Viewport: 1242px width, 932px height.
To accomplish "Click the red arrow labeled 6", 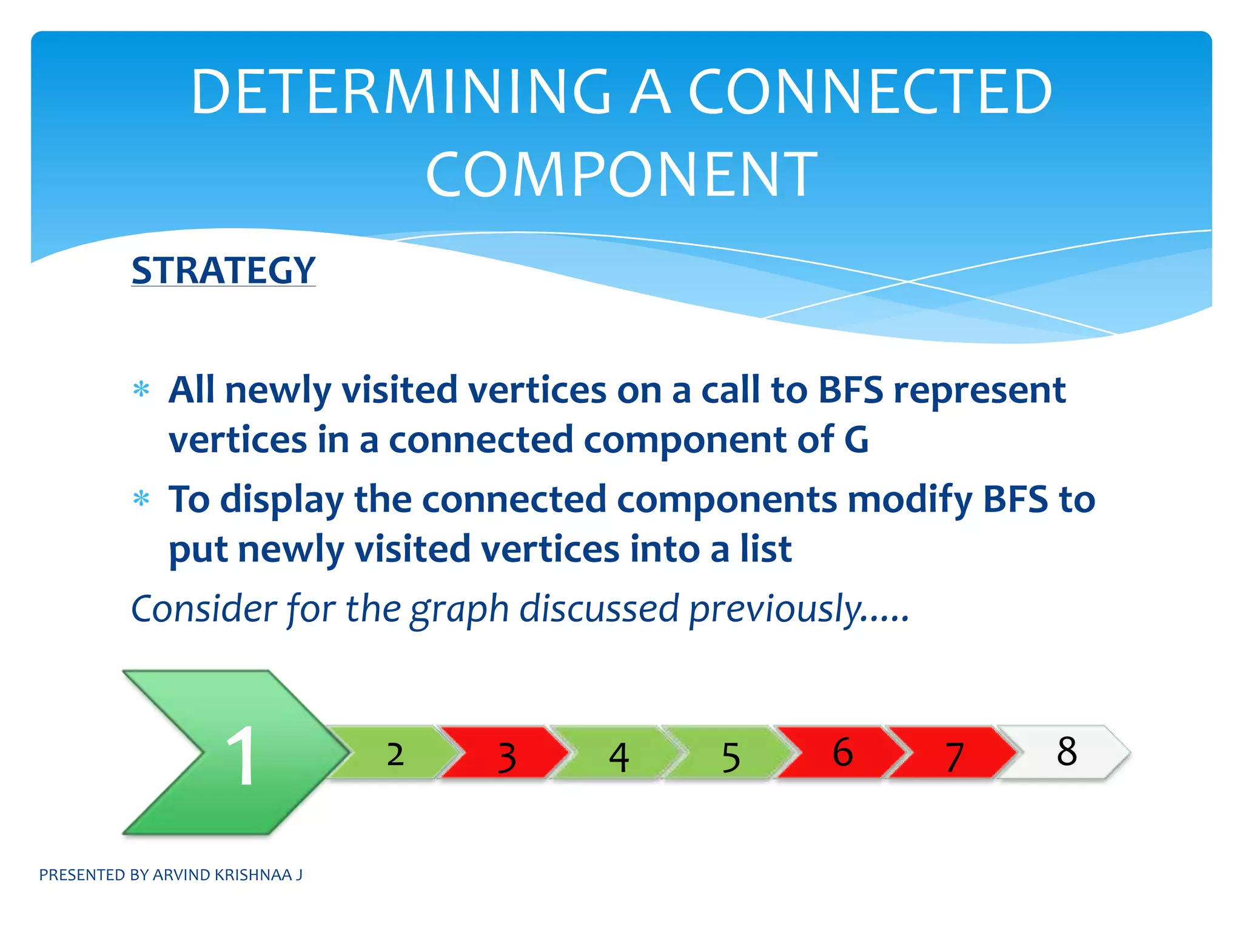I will pos(843,752).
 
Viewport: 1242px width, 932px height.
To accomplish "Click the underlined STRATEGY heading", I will pos(223,270).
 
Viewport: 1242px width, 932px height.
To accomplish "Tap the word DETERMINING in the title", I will pos(401,92).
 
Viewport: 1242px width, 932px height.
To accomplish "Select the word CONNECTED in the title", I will pos(870,92).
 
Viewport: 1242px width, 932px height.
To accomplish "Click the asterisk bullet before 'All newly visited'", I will pos(141,389).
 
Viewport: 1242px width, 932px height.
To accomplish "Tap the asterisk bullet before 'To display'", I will pos(141,499).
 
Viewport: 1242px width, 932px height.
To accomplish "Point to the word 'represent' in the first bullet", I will pos(979,390).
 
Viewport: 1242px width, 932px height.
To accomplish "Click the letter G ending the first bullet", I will pos(856,439).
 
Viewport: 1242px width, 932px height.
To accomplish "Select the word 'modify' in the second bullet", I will pos(910,500).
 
